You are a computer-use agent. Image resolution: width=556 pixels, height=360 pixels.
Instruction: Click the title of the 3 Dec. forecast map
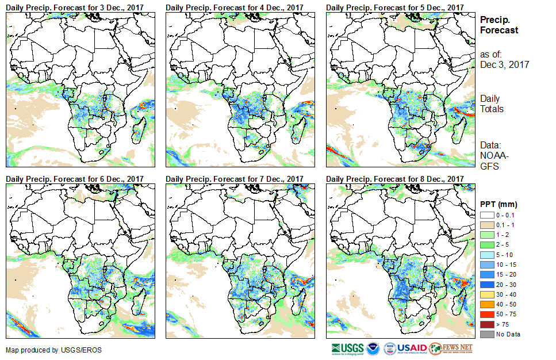point(75,7)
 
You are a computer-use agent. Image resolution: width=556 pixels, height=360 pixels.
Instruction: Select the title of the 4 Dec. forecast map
point(235,7)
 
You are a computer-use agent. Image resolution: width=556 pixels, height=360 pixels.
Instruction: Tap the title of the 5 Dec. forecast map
point(394,7)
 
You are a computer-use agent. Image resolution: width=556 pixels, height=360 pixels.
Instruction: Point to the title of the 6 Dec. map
point(75,179)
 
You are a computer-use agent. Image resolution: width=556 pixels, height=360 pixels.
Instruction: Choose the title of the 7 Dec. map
point(235,179)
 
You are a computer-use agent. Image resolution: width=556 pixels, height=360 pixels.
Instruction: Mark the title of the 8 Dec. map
point(394,179)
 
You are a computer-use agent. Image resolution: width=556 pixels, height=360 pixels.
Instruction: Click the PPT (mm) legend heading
point(499,204)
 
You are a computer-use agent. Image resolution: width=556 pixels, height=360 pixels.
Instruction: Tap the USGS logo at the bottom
point(348,348)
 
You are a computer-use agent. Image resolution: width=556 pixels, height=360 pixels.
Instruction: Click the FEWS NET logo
point(451,348)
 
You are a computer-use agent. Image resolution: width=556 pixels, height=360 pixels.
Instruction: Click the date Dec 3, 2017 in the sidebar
point(504,64)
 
